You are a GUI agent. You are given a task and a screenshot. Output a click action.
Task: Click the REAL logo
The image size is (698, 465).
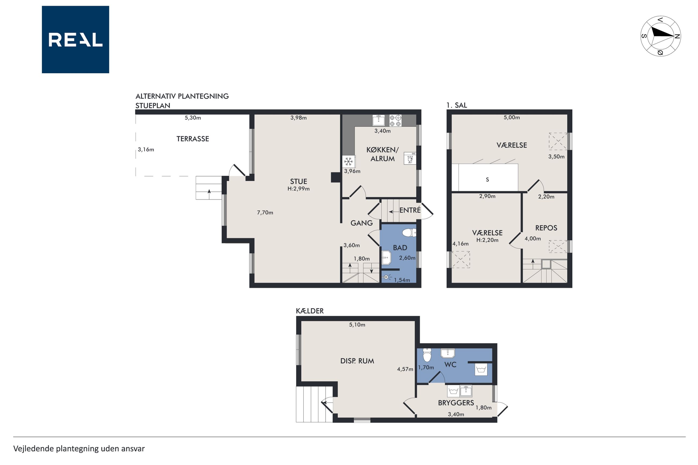click(x=75, y=39)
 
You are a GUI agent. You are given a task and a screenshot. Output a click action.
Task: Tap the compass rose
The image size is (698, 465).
click(x=660, y=36)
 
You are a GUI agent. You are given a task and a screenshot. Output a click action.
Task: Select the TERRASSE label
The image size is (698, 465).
click(x=192, y=139)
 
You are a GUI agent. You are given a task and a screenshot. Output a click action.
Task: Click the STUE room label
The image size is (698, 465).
click(x=299, y=181)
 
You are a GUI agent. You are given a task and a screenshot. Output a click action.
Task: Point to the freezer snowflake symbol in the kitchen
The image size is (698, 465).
click(x=348, y=162)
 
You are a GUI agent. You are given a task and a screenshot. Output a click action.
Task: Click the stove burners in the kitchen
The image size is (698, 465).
click(x=395, y=120)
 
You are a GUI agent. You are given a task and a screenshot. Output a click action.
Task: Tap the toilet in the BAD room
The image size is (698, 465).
click(x=409, y=232)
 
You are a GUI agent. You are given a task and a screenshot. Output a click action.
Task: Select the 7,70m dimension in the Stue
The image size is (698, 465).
click(x=265, y=212)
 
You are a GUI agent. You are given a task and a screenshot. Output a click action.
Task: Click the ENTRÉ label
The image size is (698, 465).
click(x=410, y=210)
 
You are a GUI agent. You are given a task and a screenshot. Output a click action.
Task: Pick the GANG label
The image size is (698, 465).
click(x=361, y=223)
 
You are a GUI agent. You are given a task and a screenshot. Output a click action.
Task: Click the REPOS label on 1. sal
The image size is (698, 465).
click(x=546, y=228)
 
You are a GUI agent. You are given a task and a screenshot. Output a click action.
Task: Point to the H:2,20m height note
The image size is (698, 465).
click(x=487, y=240)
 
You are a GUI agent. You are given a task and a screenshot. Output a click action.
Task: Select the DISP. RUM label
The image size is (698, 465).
click(x=357, y=361)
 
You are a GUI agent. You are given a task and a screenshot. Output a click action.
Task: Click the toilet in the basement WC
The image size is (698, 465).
click(x=427, y=355)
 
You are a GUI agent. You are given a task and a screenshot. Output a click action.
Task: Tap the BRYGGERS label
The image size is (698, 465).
click(x=456, y=403)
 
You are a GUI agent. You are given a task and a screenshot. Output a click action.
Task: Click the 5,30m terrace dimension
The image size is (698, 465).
click(x=193, y=118)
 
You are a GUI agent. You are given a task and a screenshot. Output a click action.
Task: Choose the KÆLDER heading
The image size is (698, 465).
click(x=310, y=311)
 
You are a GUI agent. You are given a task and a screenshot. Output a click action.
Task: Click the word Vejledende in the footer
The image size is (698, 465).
click(x=34, y=449)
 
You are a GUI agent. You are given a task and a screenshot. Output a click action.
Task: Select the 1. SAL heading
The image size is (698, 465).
click(x=457, y=105)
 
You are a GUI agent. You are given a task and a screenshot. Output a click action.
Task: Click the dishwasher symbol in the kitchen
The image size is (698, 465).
click(x=410, y=158)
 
